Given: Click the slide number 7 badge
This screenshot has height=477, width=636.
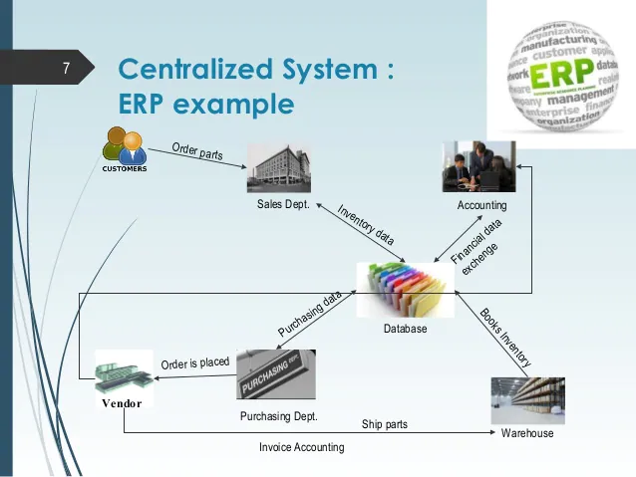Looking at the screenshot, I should tap(66, 69).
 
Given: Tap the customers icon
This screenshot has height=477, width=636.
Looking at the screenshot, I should tap(125, 149).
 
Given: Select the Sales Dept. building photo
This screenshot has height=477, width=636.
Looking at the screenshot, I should tap(278, 167).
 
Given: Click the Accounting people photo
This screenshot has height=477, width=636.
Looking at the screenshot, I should tap(478, 166).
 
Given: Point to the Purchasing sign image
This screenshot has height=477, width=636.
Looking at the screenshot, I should tap(276, 374).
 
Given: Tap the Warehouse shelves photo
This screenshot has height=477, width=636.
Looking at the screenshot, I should tap(527, 400).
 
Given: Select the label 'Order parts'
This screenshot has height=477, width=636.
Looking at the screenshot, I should tap(197, 151).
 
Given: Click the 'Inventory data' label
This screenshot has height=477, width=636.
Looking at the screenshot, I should tap(366, 225).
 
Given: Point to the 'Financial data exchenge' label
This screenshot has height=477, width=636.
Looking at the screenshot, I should tap(477, 246).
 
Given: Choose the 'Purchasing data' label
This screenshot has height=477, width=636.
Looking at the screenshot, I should tap(310, 314).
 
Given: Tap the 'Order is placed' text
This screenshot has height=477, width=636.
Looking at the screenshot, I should tap(195, 363).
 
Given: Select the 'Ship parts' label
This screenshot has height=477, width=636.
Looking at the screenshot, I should tap(384, 424).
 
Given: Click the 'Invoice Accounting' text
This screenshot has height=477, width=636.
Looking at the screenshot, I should tap(301, 447).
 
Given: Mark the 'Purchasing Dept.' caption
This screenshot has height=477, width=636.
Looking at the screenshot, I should tap(278, 416).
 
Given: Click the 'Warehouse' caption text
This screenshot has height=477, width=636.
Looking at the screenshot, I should tap(527, 433).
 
